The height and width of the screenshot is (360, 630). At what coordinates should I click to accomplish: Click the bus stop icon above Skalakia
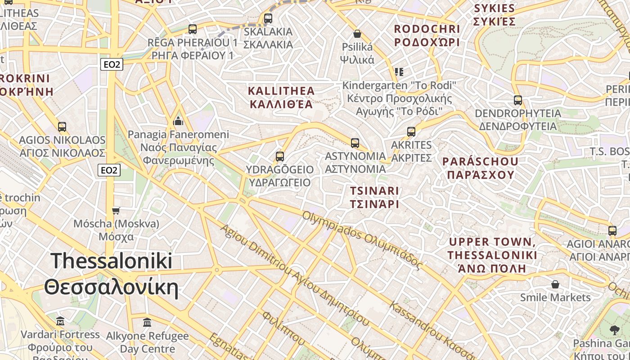point(268,18)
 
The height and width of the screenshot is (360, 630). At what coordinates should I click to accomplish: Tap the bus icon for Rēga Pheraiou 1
point(193,29)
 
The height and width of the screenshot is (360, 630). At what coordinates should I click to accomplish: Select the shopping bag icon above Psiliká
point(357,34)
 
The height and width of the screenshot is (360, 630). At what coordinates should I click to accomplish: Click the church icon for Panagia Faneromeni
point(179,121)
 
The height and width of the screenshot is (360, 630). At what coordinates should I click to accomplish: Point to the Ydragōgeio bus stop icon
point(280,157)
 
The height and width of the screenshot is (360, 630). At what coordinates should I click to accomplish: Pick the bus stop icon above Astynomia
point(355,143)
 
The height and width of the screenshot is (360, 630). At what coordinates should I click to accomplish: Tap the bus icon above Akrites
point(411,132)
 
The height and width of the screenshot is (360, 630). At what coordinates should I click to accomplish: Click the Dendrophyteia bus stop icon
point(518,100)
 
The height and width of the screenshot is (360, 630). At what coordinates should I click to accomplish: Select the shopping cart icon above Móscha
point(116,211)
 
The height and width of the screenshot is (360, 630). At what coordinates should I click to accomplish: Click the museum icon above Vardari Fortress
point(60,321)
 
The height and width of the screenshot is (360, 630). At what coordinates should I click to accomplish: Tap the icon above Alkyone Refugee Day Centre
point(147,323)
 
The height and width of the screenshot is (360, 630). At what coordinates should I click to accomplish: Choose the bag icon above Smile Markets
point(555,284)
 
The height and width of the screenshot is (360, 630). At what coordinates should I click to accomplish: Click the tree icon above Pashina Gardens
point(614,330)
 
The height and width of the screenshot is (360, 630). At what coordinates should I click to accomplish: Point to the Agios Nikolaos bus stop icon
point(62,127)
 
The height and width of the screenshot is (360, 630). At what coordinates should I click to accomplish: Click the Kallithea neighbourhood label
point(281,98)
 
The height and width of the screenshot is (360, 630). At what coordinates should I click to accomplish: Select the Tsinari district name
point(374,197)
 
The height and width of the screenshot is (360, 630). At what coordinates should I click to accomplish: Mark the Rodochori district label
point(427,36)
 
